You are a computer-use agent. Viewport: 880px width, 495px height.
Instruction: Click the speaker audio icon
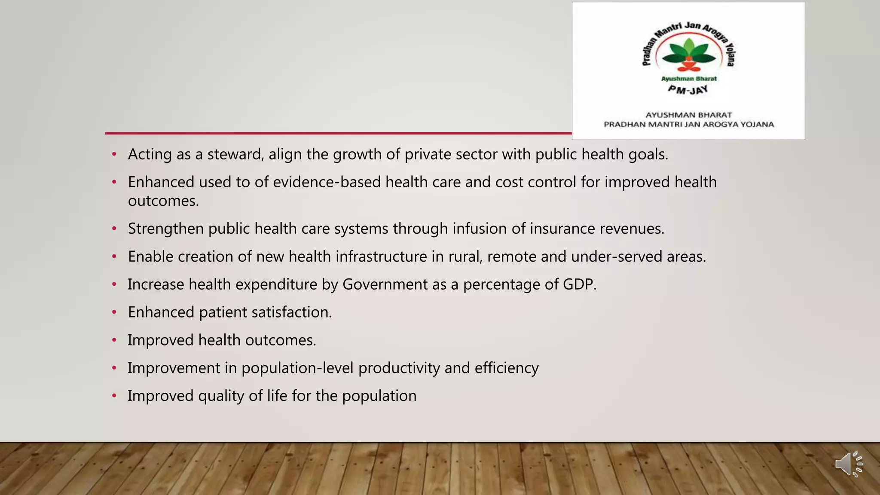[x=849, y=464]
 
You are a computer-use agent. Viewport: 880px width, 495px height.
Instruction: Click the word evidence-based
[x=327, y=182]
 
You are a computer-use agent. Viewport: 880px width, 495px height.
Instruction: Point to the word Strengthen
[x=165, y=229]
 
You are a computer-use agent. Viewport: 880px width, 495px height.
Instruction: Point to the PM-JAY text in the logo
[x=688, y=90]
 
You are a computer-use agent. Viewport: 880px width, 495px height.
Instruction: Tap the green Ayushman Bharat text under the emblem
[x=689, y=79]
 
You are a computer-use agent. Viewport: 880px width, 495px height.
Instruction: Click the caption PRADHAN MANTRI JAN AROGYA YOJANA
[x=689, y=125]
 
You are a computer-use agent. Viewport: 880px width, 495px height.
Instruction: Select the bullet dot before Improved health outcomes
[x=114, y=340]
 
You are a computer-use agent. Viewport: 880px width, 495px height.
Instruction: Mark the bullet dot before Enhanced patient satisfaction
[x=114, y=312]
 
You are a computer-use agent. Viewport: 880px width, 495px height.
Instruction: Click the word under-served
[x=616, y=257]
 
